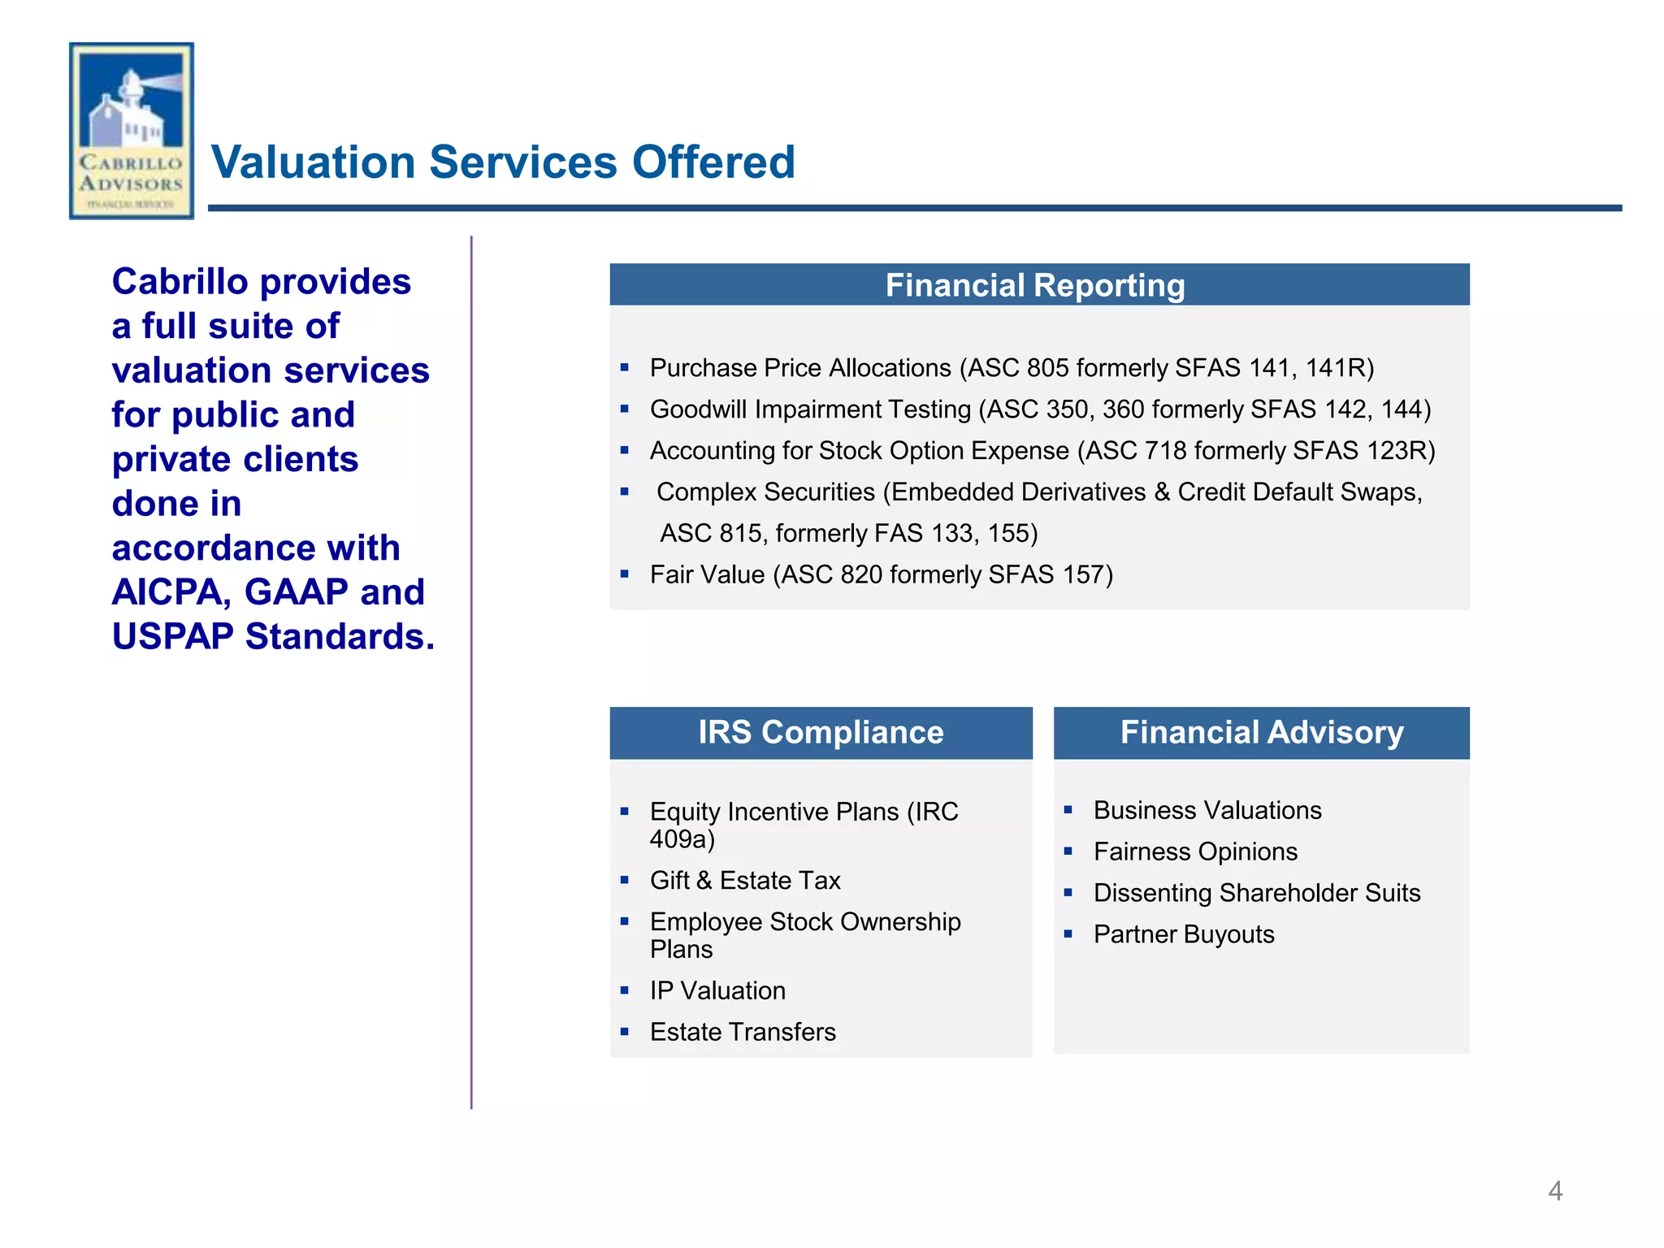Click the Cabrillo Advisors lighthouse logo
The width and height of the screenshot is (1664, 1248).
tap(132, 130)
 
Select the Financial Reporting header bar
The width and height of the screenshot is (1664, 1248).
tap(1038, 285)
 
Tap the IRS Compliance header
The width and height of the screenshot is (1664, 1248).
tap(821, 732)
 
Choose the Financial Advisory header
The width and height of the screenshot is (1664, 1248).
tap(1261, 732)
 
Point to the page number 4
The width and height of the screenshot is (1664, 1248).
tap(1554, 1191)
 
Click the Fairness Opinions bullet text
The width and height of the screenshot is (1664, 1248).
tap(1194, 851)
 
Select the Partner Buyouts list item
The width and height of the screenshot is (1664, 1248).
tap(1183, 934)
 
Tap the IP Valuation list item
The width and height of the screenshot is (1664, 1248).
tap(717, 990)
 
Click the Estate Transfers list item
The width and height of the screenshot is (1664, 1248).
tap(742, 1032)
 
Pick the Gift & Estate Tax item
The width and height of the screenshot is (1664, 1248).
tap(744, 880)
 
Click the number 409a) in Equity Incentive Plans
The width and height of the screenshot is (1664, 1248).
tap(682, 839)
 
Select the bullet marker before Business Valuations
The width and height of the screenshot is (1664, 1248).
tap(1068, 810)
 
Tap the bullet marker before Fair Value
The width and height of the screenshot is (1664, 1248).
tap(624, 574)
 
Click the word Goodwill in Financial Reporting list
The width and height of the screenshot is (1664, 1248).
tap(698, 409)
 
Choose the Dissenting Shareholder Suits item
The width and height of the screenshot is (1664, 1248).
tap(1256, 893)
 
